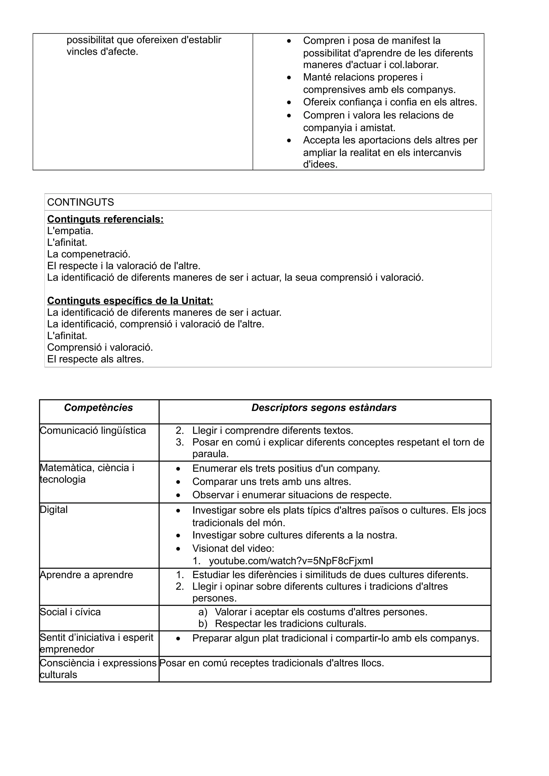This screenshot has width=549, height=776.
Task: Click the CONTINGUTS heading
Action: pos(80,202)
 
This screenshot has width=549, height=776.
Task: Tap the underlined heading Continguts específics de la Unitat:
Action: pos(130,300)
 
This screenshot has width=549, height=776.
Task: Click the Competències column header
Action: pos(98,408)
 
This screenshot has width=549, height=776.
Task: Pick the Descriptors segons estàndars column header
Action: pos(324,408)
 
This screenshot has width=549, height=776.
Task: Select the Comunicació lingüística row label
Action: pos(93,431)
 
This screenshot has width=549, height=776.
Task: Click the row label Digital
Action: pos(54,510)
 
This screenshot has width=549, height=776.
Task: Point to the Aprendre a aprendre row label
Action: pos(87,575)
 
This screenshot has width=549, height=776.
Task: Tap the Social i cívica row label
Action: pos(70,612)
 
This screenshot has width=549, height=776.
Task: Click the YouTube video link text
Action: pos(291,561)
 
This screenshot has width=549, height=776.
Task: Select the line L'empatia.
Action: pos(70,231)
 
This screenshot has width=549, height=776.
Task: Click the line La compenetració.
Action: pos(89,254)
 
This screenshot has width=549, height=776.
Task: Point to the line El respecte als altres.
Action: pos(95,359)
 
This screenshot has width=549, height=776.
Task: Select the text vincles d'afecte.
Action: pos(102,52)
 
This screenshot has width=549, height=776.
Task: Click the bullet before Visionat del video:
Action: pos(178,549)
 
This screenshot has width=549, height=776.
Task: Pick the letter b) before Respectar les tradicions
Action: pos(203,624)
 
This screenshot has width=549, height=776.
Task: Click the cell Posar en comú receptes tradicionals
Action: pos(271,663)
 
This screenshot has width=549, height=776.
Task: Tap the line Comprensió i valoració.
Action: pos(100,347)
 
